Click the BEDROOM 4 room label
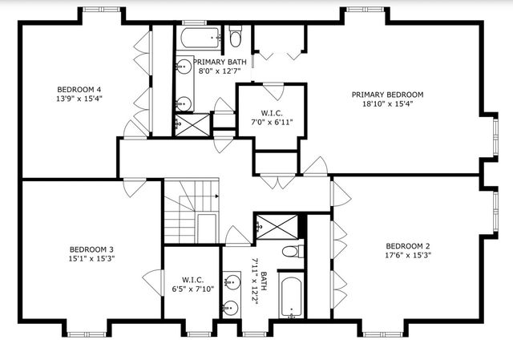coord(78,89)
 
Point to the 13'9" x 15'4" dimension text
coord(78,99)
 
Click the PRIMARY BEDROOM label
coord(387,94)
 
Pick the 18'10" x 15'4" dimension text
coord(387,103)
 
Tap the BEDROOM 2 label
coord(407,246)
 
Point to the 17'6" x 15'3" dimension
coord(407,256)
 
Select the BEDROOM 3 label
coord(91,249)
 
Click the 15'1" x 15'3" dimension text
coord(91,259)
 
